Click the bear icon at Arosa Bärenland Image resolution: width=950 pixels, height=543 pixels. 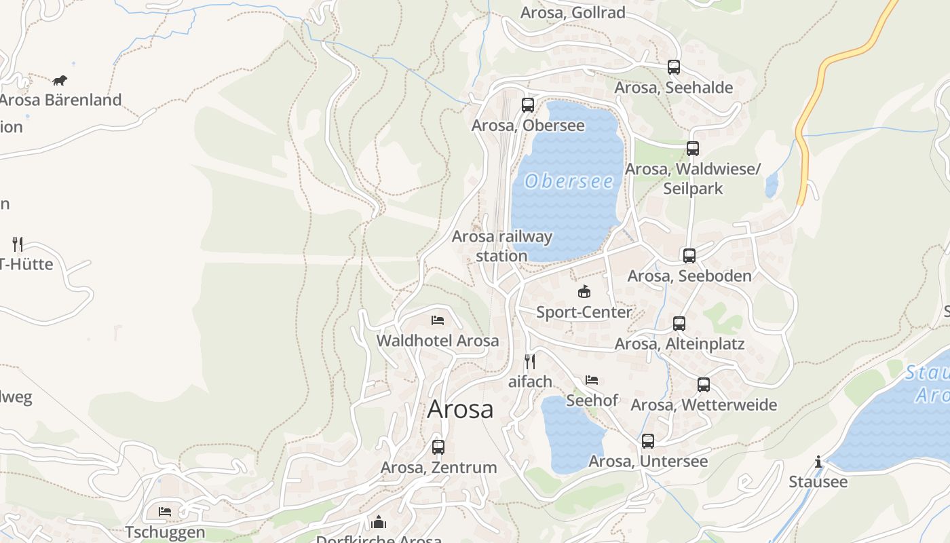click(x=60, y=80)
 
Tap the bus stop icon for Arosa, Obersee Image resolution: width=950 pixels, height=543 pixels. click(x=528, y=105)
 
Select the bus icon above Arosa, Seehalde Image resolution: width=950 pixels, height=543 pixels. click(x=674, y=67)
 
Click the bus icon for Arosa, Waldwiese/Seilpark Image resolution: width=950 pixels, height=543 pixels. click(x=693, y=149)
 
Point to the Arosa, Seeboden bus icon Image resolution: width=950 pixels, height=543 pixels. click(x=689, y=256)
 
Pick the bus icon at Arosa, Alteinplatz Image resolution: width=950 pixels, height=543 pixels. click(x=679, y=324)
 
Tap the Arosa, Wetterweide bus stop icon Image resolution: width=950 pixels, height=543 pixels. click(x=704, y=385)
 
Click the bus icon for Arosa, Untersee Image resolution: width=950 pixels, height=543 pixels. click(x=648, y=441)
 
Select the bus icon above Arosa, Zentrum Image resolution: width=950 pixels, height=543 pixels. click(x=438, y=447)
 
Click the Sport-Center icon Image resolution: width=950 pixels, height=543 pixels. click(x=584, y=292)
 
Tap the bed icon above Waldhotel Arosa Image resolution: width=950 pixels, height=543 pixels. click(x=438, y=320)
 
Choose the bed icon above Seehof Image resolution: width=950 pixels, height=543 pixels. click(x=592, y=380)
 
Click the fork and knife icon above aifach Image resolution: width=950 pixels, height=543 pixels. click(x=530, y=361)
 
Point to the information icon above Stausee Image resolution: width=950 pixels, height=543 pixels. click(x=818, y=462)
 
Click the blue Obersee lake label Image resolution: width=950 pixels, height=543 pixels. click(x=569, y=181)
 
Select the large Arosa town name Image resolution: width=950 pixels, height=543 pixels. click(x=461, y=409)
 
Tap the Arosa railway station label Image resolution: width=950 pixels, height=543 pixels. click(x=502, y=246)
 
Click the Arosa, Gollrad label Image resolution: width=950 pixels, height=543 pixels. click(x=573, y=13)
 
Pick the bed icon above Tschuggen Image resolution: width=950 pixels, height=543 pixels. click(x=165, y=512)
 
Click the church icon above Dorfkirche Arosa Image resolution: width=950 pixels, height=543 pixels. click(x=379, y=522)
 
